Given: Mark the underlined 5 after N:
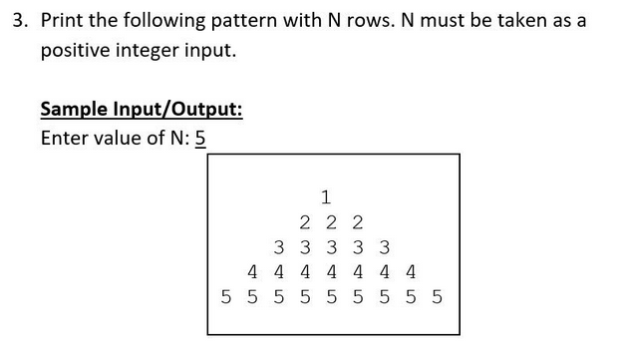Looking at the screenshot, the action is coord(199,137).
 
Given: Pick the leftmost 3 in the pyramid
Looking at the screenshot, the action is coord(279,246).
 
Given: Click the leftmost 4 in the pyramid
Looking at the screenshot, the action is coord(253,271).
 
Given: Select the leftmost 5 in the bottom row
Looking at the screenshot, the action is coord(227,297).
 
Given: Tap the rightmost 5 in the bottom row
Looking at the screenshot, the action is coord(436,297).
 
